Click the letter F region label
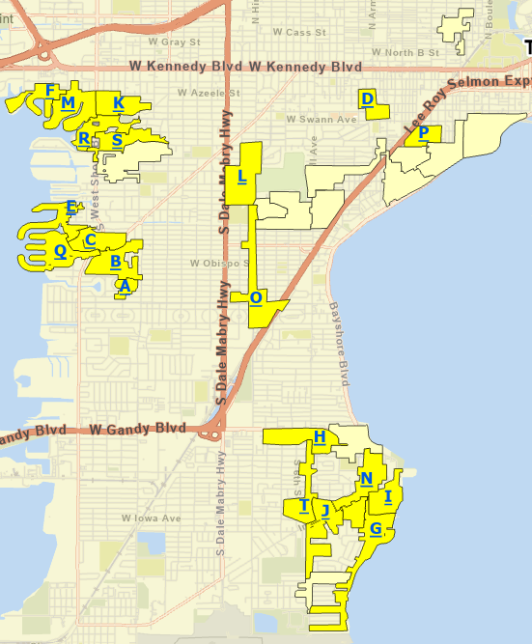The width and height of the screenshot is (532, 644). click(50, 90)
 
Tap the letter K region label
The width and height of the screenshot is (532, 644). click(118, 102)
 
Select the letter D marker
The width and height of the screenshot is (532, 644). click(367, 98)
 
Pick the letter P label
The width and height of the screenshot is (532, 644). click(423, 133)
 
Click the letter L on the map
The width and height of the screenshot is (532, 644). click(241, 177)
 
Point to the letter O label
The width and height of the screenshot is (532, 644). click(256, 297)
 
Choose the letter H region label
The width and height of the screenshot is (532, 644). click(319, 437)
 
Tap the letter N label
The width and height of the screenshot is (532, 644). click(367, 479)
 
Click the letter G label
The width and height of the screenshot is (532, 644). click(376, 528)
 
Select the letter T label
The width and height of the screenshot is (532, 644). click(304, 505)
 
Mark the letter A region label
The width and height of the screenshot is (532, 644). click(124, 285)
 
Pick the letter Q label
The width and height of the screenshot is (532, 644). click(60, 251)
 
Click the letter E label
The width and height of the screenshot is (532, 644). click(70, 207)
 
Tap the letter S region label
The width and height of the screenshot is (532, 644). click(117, 140)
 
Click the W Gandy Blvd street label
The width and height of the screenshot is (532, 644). click(136, 428)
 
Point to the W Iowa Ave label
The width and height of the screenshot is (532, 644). click(152, 518)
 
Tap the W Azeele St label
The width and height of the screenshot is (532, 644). click(208, 94)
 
